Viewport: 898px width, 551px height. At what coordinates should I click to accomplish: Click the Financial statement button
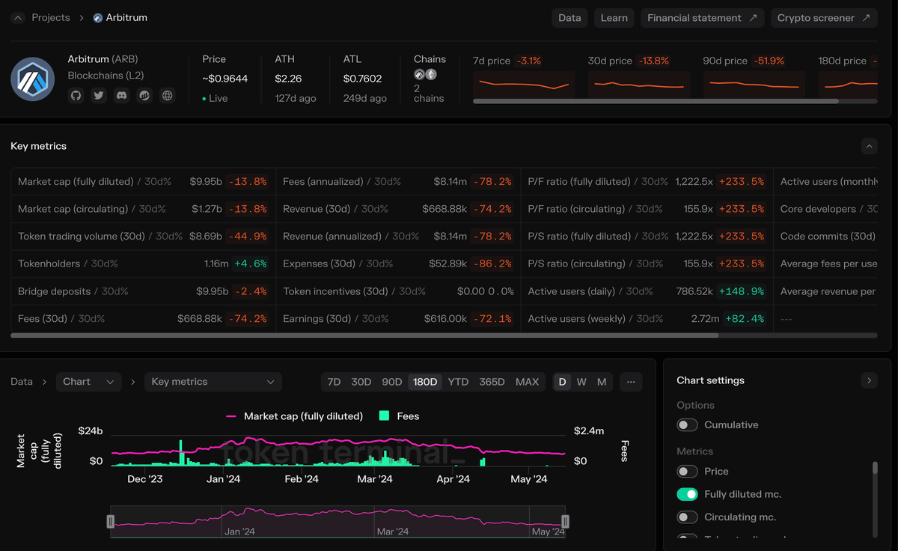pyautogui.click(x=701, y=18)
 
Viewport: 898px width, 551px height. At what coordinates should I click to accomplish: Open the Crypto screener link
pyautogui.click(x=823, y=18)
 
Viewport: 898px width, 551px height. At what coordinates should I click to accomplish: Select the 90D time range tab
pyautogui.click(x=392, y=382)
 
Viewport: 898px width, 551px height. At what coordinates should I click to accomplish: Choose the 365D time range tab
pyautogui.click(x=492, y=382)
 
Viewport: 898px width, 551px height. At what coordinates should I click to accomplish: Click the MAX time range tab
pyautogui.click(x=527, y=382)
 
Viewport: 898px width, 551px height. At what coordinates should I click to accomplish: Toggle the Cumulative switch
pyautogui.click(x=687, y=425)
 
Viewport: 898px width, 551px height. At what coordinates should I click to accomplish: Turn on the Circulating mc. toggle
pyautogui.click(x=687, y=517)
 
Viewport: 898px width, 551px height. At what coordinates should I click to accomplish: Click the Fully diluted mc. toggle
pyautogui.click(x=687, y=494)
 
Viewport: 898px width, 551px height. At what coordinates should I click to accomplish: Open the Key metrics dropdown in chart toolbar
pyautogui.click(x=213, y=382)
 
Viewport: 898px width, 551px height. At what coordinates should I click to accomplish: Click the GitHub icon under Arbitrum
pyautogui.click(x=76, y=96)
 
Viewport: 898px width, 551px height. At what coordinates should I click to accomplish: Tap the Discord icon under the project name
pyautogui.click(x=121, y=96)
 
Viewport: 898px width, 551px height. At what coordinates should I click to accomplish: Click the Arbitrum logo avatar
pyautogui.click(x=33, y=79)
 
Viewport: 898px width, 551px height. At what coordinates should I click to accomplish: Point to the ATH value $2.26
pyautogui.click(x=288, y=79)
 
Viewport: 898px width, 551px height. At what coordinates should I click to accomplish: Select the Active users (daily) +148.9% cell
pyautogui.click(x=742, y=291)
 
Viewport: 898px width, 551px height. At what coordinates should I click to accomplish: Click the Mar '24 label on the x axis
pyautogui.click(x=374, y=479)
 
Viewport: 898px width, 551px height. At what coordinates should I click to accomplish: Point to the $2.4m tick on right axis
pyautogui.click(x=589, y=430)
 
